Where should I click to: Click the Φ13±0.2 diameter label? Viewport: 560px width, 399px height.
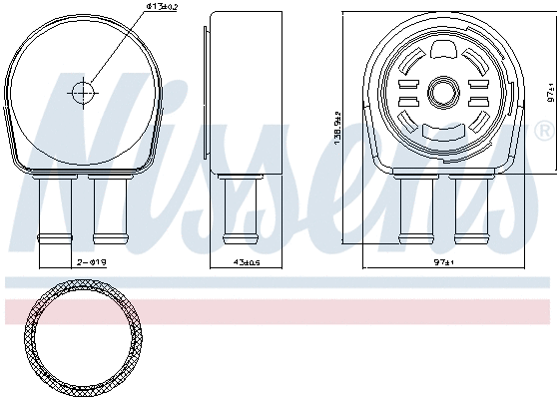[x=163, y=8]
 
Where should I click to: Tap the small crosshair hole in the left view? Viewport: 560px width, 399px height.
[x=81, y=92]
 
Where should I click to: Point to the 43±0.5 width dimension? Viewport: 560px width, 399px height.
[x=235, y=262]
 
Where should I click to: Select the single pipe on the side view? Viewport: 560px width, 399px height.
[x=236, y=209]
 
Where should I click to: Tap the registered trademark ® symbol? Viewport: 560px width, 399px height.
[x=544, y=131]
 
